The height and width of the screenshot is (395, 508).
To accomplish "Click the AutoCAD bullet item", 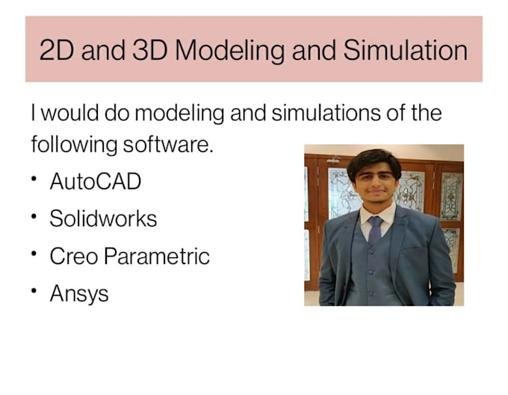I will (x=95, y=182).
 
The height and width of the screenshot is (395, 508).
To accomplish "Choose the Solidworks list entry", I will (x=103, y=219).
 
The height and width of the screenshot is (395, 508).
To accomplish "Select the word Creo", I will (x=73, y=257).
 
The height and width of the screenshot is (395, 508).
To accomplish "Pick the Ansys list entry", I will (x=78, y=294).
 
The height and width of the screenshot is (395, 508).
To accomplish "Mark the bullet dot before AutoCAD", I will (x=35, y=180).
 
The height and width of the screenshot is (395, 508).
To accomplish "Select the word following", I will (x=73, y=144).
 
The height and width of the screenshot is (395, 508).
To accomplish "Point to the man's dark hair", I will (x=374, y=159).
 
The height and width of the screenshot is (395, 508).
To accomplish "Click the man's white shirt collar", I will (x=376, y=214).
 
